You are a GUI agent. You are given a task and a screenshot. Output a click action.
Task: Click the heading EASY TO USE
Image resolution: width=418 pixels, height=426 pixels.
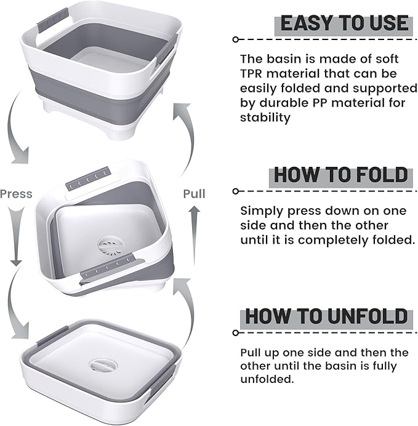(344, 23)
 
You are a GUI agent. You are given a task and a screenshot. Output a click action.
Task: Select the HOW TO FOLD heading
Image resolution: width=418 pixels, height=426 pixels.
(340, 175)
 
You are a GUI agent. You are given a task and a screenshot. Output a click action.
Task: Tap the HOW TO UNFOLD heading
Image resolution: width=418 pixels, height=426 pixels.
(326, 317)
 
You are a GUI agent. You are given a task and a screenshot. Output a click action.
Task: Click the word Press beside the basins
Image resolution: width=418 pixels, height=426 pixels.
(16, 194)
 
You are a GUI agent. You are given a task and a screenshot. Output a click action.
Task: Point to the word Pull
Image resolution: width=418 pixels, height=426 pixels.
(194, 194)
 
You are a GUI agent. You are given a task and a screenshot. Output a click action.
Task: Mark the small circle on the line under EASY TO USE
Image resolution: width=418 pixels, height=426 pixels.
(235, 39)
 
